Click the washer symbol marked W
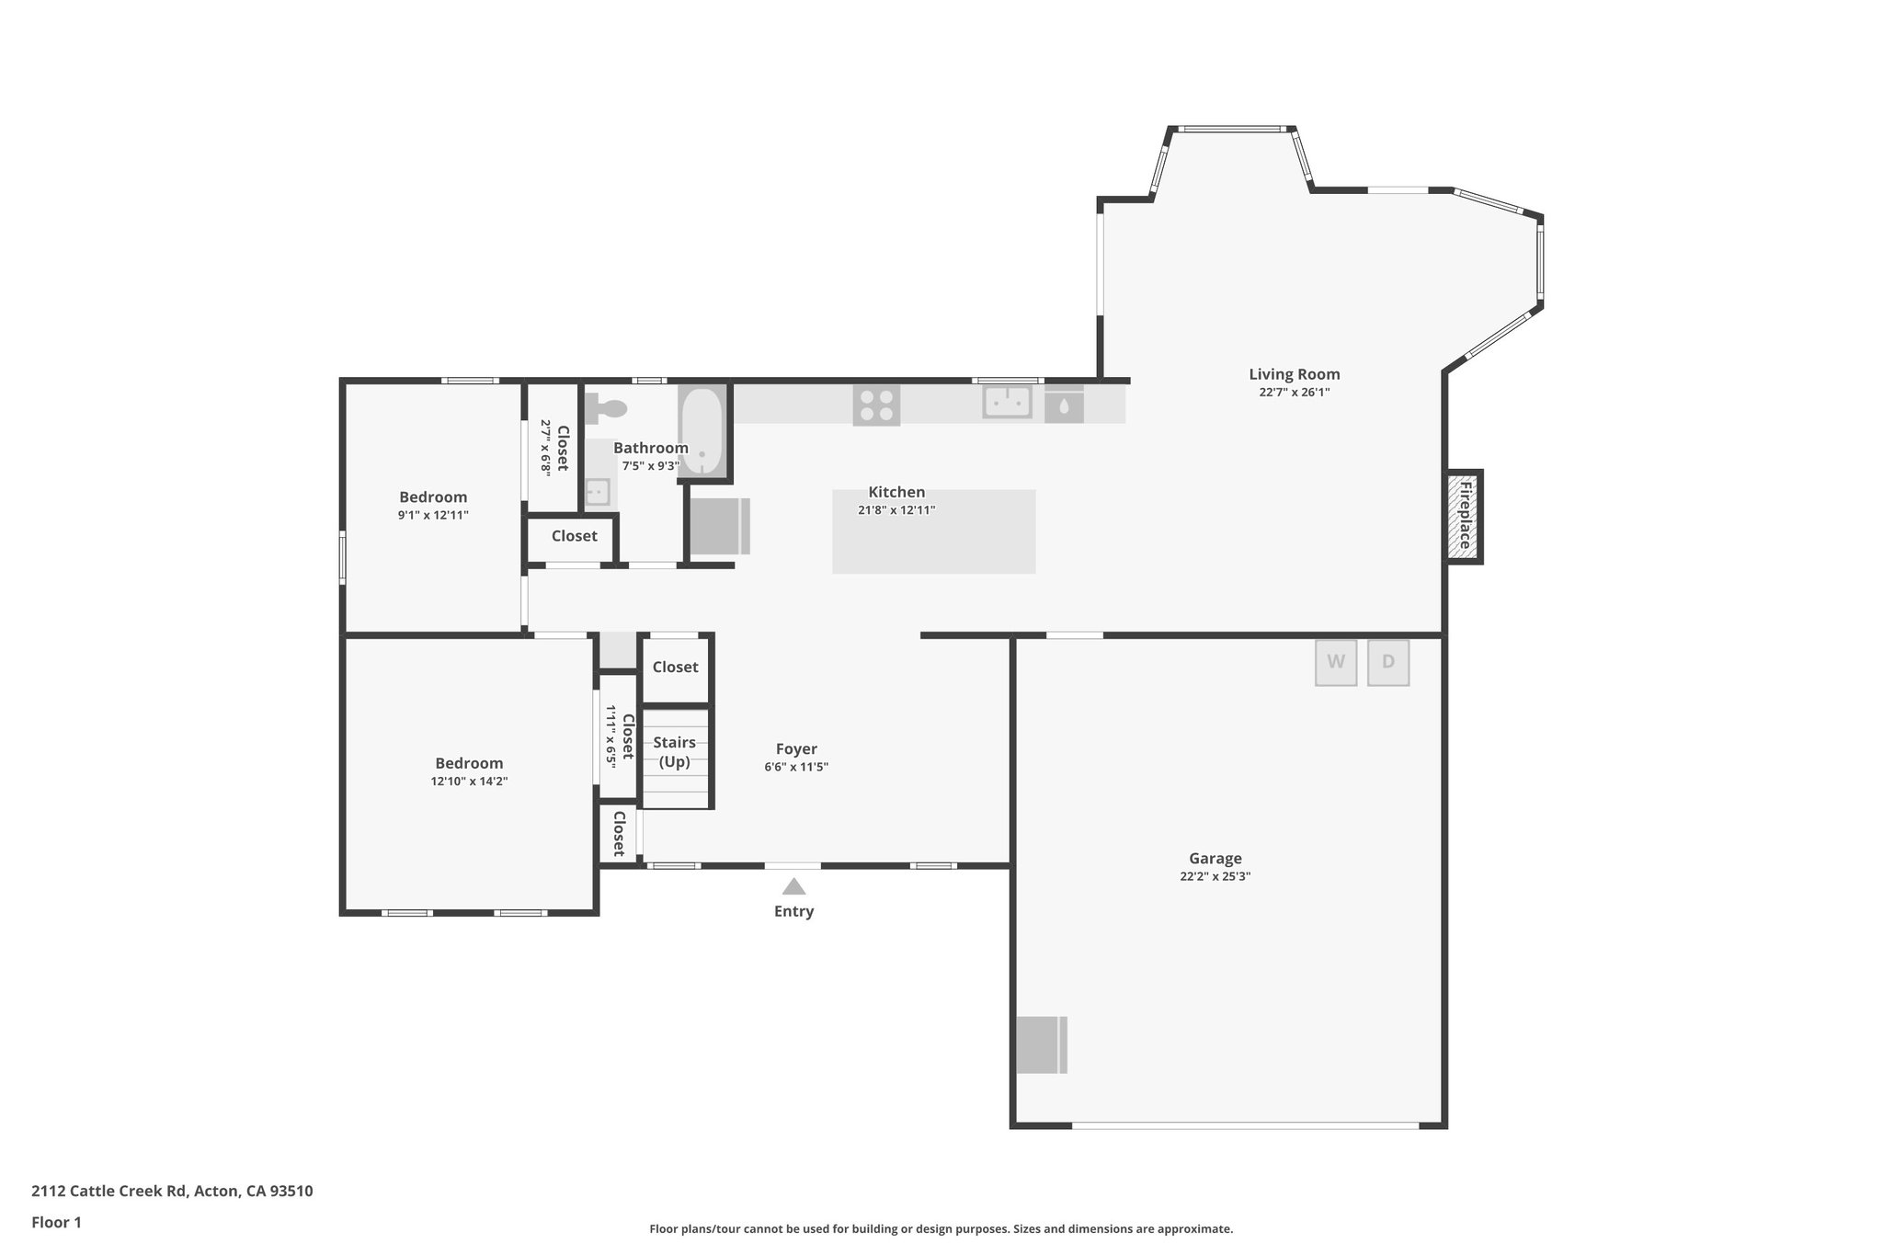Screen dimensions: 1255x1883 click(1336, 662)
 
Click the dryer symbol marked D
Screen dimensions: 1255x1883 click(1388, 662)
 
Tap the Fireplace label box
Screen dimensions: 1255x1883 click(1463, 517)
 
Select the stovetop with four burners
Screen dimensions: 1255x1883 click(876, 405)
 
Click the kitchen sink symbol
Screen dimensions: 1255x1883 click(1007, 403)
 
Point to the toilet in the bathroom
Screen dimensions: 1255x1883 click(607, 407)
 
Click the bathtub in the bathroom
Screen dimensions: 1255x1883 click(702, 431)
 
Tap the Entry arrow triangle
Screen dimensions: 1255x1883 click(793, 887)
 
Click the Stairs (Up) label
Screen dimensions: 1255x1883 click(675, 752)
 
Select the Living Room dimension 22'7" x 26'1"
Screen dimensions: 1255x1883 click(1294, 393)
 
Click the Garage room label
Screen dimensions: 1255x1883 click(1215, 859)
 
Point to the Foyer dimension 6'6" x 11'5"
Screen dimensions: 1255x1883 click(796, 767)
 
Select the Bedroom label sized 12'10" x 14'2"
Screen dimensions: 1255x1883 click(469, 763)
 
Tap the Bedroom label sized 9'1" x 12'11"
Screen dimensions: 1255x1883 click(433, 497)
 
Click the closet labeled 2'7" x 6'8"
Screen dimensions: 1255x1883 click(553, 448)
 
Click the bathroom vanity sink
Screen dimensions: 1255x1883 click(598, 492)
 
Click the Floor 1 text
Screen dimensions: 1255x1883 click(56, 1223)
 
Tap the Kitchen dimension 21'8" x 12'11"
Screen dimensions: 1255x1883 click(896, 510)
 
